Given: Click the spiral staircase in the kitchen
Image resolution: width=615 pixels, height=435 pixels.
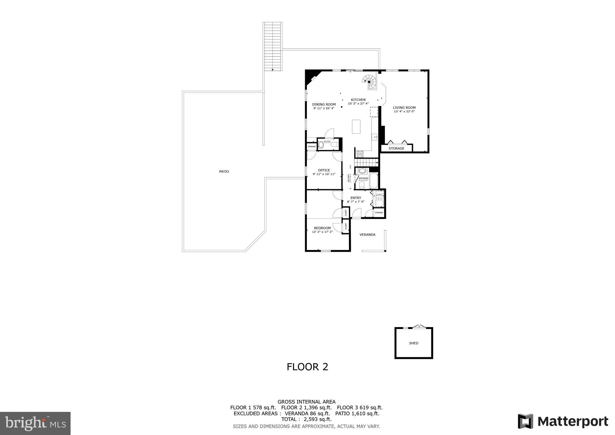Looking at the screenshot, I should pyautogui.click(x=370, y=81).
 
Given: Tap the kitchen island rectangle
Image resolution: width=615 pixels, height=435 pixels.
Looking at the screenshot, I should pyautogui.click(x=356, y=126).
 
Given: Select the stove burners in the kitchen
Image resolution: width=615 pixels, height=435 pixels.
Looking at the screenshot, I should pyautogui.click(x=360, y=154).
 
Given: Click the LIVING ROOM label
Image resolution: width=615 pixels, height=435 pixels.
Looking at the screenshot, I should pyautogui.click(x=404, y=108).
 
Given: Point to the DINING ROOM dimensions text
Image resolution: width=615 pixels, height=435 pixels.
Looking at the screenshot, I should pyautogui.click(x=324, y=108).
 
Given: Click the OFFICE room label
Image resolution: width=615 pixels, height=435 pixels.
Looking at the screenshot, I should pyautogui.click(x=324, y=170).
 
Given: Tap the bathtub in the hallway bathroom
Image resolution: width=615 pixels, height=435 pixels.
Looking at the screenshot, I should pyautogui.click(x=374, y=180).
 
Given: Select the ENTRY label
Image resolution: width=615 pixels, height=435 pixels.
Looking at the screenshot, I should pyautogui.click(x=356, y=198).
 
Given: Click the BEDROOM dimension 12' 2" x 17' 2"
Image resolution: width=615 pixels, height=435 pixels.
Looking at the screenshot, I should pyautogui.click(x=323, y=232).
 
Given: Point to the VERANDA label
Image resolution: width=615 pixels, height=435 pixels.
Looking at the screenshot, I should pyautogui.click(x=368, y=235).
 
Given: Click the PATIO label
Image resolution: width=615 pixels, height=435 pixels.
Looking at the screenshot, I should pyautogui.click(x=224, y=172).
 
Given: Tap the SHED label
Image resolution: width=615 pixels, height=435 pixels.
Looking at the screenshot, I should pyautogui.click(x=414, y=343).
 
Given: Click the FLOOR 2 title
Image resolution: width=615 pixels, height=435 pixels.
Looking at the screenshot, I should pyautogui.click(x=307, y=367).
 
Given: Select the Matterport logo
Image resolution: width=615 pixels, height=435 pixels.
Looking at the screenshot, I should pyautogui.click(x=563, y=421).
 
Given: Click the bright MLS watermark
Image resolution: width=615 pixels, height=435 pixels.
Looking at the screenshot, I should pyautogui.click(x=35, y=423).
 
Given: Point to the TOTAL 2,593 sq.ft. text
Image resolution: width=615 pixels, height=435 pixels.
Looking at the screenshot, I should pyautogui.click(x=306, y=419).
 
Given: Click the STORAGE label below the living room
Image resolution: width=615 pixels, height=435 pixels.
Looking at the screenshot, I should pyautogui.click(x=396, y=148).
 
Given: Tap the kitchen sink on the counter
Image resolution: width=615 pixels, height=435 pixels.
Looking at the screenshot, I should pyautogui.click(x=375, y=137).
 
